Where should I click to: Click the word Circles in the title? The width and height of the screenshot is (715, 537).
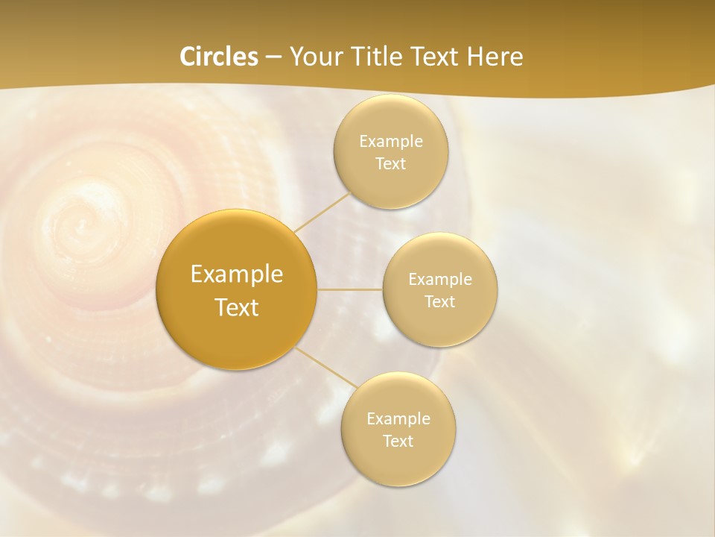click(x=218, y=57)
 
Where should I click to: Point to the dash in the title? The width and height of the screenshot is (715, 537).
click(x=273, y=57)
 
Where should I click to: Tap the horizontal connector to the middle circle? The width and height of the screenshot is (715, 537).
click(x=350, y=289)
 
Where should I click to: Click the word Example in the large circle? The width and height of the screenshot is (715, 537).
click(x=237, y=274)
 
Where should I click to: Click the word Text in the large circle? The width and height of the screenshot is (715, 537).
click(x=237, y=307)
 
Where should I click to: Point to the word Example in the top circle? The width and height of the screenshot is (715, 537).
click(x=391, y=142)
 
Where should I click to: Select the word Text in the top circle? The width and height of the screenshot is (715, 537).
click(x=390, y=164)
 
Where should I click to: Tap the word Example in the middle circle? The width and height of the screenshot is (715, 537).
click(x=440, y=280)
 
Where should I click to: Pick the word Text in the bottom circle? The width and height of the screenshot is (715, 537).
click(x=398, y=441)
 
